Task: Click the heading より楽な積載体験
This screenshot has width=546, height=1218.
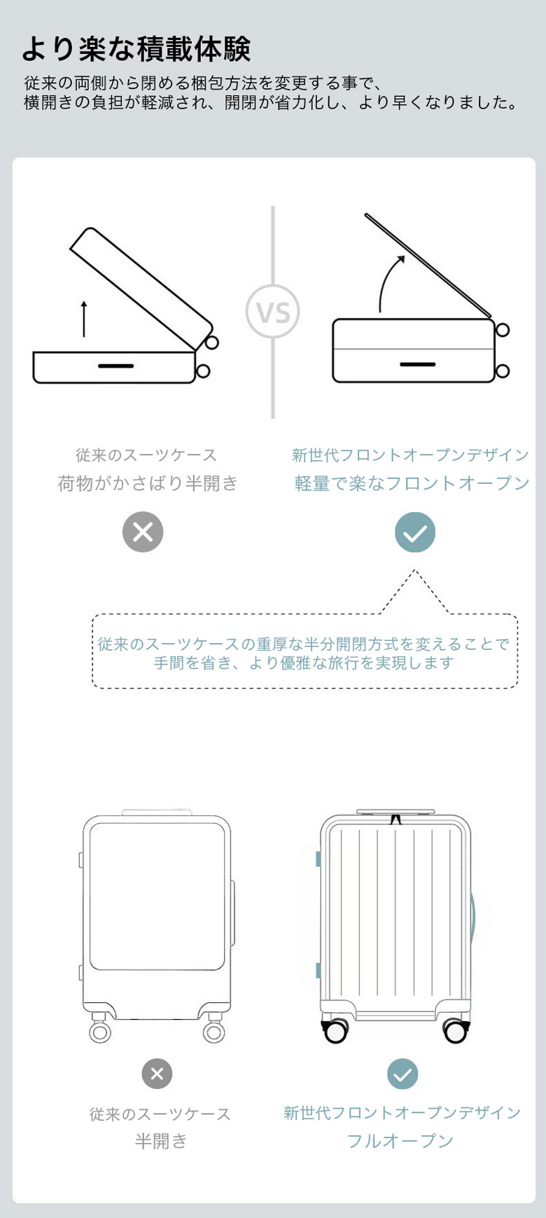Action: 136,49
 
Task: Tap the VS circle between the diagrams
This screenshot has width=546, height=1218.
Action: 273,312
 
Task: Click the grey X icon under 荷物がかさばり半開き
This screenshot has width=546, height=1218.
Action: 143,532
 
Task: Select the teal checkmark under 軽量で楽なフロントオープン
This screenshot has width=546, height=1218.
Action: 415,532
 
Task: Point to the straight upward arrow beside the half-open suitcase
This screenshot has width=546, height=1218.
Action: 84,319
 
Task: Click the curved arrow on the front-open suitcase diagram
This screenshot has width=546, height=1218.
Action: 385,280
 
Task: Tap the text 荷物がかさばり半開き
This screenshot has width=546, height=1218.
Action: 148,483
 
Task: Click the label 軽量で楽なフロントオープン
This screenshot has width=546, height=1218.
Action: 412,483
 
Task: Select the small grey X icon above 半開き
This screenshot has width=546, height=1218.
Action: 157,1074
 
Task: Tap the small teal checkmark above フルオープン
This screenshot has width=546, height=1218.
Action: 402,1074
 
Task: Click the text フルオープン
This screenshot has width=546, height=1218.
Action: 400,1141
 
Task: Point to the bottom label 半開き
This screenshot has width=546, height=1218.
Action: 161,1141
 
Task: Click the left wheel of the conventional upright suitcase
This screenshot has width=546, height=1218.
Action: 100,1031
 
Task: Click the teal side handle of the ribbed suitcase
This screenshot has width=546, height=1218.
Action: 475,918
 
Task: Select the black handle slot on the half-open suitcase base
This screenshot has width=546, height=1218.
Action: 115,366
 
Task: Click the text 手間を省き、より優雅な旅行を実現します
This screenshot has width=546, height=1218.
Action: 304,663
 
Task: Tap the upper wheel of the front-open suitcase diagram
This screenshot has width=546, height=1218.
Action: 502,330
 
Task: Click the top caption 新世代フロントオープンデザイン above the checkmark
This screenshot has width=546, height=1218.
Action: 410,455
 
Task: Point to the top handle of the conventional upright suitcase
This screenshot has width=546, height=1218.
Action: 157,812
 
